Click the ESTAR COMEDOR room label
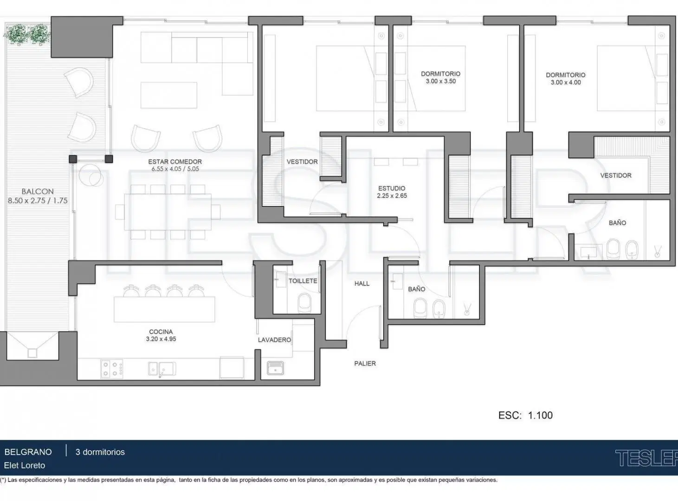[x=175, y=162]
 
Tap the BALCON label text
[x=38, y=192]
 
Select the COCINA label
[x=161, y=332]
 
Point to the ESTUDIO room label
[x=392, y=188]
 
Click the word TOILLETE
[x=303, y=281]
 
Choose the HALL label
[x=362, y=283]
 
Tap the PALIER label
[x=365, y=363]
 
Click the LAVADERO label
[x=274, y=340]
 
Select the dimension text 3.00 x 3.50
[x=440, y=81]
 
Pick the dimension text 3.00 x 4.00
[x=566, y=83]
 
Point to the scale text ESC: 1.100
[x=525, y=415]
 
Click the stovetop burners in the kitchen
[x=111, y=369]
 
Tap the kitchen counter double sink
[x=162, y=369]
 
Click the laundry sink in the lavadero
[x=275, y=368]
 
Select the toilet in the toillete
[x=304, y=303]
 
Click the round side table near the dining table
[x=90, y=175]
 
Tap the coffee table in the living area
[x=169, y=95]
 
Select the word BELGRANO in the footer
[x=28, y=452]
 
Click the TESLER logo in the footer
[x=646, y=458]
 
